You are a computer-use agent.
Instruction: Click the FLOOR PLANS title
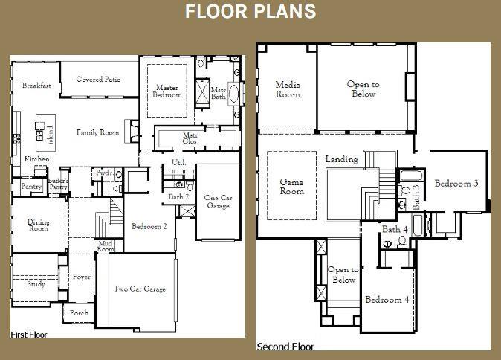point(250,11)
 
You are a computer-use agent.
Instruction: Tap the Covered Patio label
point(98,80)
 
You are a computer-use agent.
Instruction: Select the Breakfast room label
point(36,86)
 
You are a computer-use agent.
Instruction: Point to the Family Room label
point(97,133)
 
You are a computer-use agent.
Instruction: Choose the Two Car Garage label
point(139,289)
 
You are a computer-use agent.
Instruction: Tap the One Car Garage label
point(218,202)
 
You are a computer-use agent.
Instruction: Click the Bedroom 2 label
point(149,226)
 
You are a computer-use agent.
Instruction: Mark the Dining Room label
point(38,225)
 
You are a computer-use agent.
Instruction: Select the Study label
point(36,284)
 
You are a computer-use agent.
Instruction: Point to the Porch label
point(79,313)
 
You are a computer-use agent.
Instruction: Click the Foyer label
point(81,277)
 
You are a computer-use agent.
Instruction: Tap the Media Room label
point(288,90)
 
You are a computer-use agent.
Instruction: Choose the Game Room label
point(291,186)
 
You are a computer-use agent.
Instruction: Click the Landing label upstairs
point(341,159)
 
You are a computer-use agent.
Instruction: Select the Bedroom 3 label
point(456,184)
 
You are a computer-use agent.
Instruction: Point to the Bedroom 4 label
point(386,300)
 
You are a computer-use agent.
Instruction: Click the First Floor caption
point(29,335)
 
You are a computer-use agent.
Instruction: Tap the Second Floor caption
point(285,347)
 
